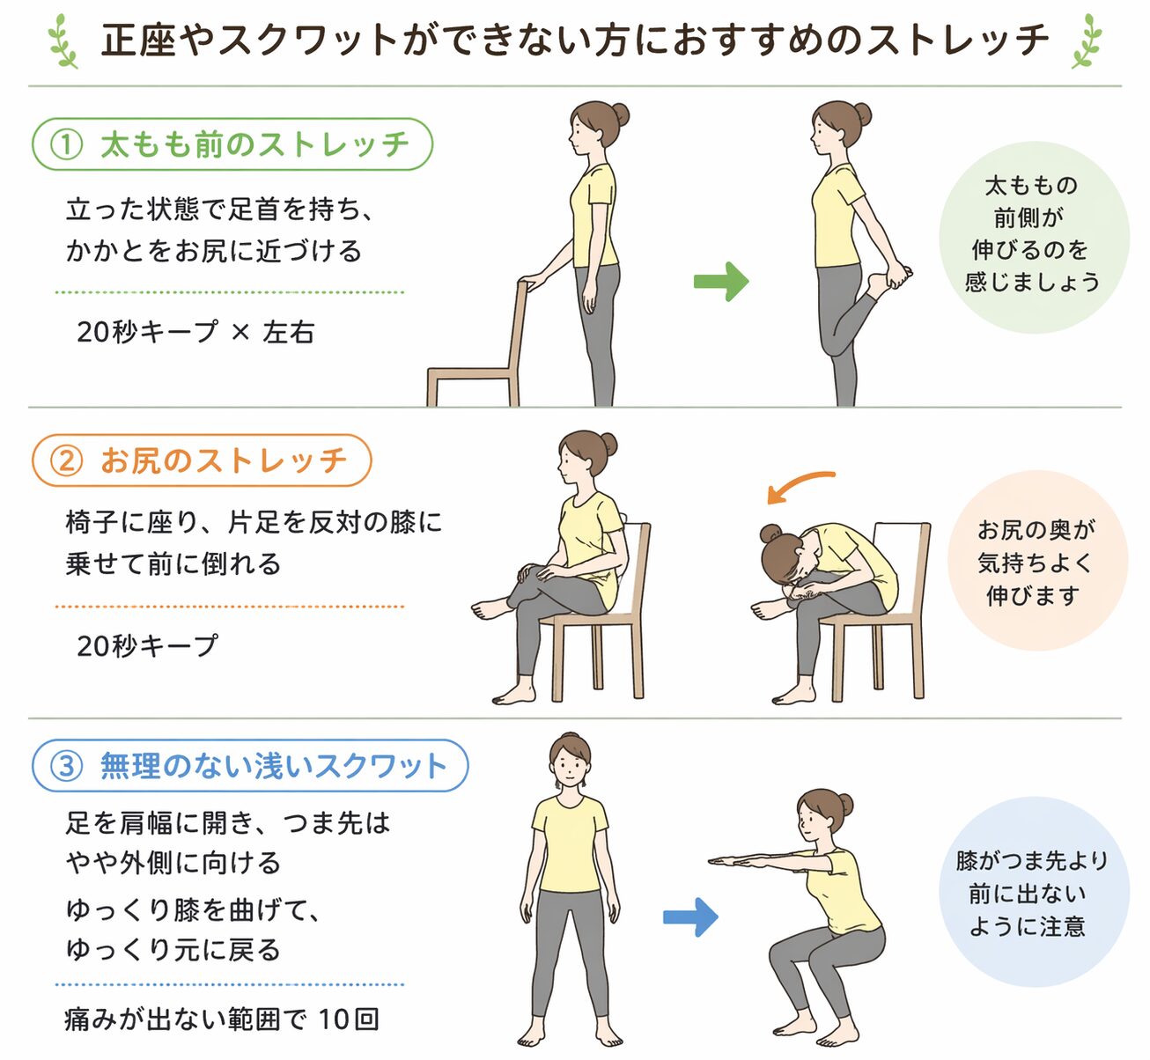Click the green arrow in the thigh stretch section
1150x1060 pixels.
721,282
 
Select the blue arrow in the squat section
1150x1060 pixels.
690,916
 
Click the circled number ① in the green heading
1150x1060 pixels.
66,144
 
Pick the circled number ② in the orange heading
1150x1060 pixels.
66,460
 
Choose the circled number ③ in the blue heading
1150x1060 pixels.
66,766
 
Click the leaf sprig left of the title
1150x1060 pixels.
63,40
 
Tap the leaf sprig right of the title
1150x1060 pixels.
1087,40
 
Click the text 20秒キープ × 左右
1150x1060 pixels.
195,332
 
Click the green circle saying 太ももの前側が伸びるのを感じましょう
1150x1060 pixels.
1034,237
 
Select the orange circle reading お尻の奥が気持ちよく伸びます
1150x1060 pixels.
1037,560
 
